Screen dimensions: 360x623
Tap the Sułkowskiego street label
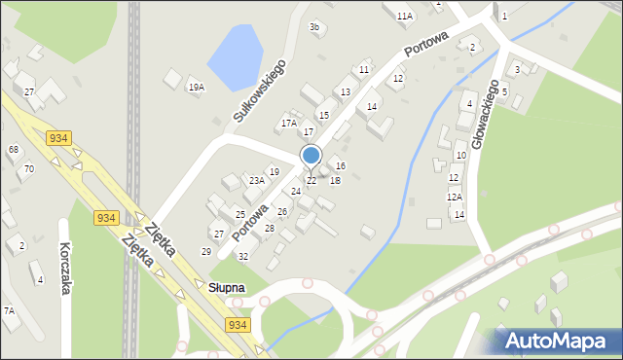point(258,90)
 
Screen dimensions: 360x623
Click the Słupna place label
point(226,288)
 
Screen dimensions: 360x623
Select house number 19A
point(196,88)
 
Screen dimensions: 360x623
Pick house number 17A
point(288,124)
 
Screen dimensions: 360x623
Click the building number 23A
point(256,180)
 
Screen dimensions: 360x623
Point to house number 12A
point(455,197)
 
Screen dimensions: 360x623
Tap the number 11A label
point(404,16)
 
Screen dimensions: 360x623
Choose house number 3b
point(314,27)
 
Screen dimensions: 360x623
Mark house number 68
point(14,149)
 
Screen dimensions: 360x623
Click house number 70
point(29,168)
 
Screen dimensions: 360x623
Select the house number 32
point(243,257)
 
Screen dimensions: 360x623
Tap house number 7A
point(9,310)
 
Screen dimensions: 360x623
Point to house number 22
point(311,181)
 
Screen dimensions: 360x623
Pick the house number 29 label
point(206,252)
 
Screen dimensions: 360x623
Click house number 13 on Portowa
point(346,92)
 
